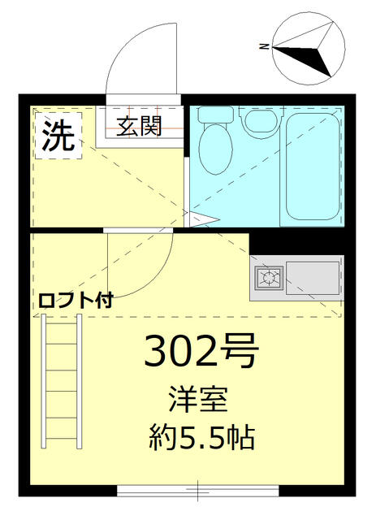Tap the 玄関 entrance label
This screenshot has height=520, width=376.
138,126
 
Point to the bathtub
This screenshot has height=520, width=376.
313,168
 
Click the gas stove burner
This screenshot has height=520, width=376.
267,278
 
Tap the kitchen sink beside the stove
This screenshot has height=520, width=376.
312,278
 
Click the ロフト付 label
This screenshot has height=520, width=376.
75,299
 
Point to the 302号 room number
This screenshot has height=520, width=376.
201,351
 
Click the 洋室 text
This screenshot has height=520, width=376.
201,401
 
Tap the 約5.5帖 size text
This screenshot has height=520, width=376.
201,439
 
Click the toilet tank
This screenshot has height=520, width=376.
215,115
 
